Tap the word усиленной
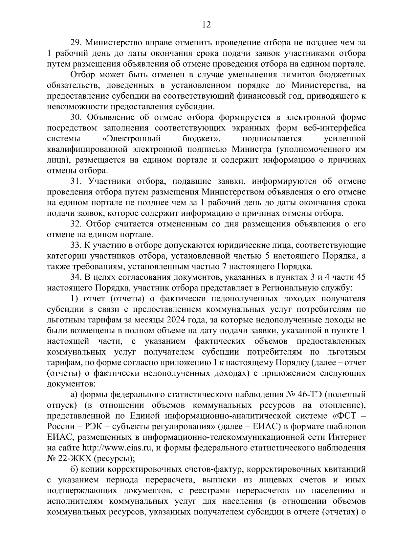click(345, 139)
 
